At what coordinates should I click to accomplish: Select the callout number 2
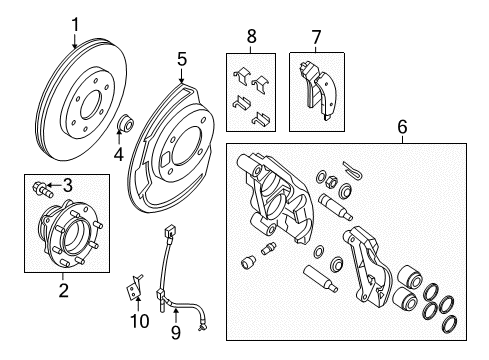[x=62, y=291]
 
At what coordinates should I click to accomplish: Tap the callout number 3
[x=69, y=184]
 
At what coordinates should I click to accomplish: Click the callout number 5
[x=182, y=59]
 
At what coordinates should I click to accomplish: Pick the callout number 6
[x=402, y=128]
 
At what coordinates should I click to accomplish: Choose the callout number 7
[x=316, y=37]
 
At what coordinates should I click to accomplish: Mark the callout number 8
[x=251, y=37]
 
